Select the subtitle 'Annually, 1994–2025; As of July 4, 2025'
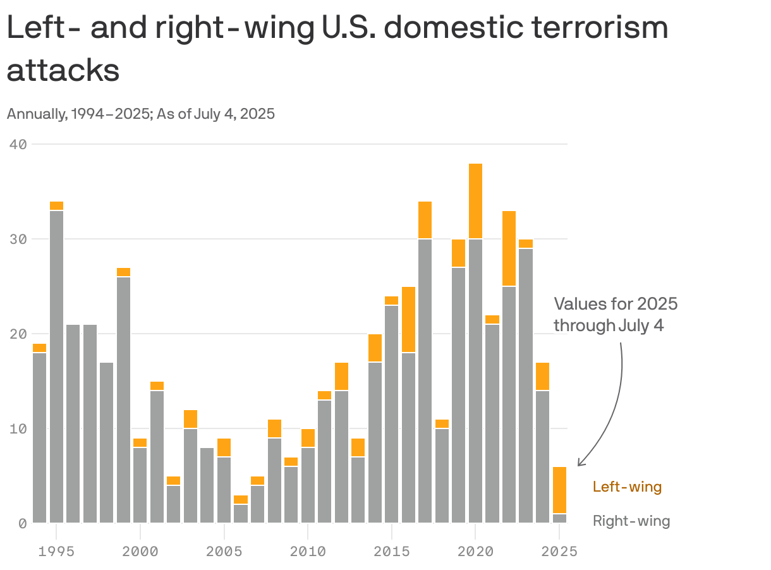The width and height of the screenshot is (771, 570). coord(140,114)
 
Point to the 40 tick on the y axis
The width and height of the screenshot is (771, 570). coord(18,144)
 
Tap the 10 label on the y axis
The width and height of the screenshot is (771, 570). coord(18,428)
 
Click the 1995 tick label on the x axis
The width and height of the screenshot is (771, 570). coord(56,552)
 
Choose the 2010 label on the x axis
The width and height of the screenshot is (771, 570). coord(308,552)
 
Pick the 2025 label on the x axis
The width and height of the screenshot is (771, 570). coord(559,552)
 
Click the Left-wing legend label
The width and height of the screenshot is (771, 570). coord(627,487)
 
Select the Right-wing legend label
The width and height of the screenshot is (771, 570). coord(631,521)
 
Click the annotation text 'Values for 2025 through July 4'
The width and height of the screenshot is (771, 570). coord(615,314)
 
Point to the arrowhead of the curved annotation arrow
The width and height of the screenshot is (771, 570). coord(580,464)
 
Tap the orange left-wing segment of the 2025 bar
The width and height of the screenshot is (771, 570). coord(559,490)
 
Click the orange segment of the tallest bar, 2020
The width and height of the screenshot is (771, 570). coord(475,201)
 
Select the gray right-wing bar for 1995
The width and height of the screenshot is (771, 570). coord(56,367)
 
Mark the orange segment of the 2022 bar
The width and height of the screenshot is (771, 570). coord(509,248)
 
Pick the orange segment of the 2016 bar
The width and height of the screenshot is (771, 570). coord(408,319)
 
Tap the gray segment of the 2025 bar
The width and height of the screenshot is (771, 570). coord(559,518)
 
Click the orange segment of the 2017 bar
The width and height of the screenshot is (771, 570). coord(425,220)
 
